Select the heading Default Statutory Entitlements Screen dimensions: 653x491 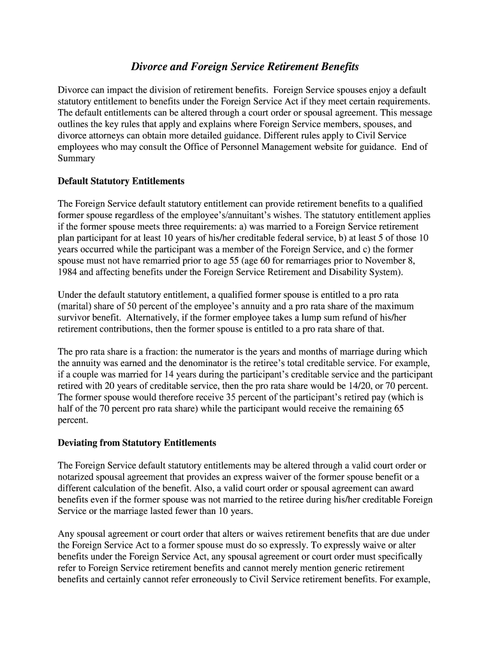point(121,181)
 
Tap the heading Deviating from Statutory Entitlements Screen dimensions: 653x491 point(137,443)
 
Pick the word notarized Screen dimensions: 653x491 point(77,477)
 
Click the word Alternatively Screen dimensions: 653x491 point(154,318)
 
